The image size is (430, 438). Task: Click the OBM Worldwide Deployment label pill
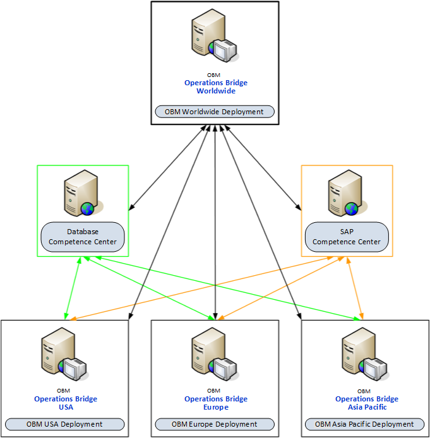pyautogui.click(x=215, y=112)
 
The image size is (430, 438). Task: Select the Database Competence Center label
pyautogui.click(x=83, y=237)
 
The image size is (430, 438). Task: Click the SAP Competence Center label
pyautogui.click(x=347, y=237)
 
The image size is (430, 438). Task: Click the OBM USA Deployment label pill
pyautogui.click(x=64, y=424)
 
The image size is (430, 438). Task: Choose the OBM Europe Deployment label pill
pyautogui.click(x=215, y=424)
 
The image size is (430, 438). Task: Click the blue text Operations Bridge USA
pyautogui.click(x=66, y=403)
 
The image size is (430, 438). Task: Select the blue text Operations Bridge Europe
pyautogui.click(x=216, y=403)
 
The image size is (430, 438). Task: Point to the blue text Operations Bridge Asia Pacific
pyautogui.click(x=367, y=403)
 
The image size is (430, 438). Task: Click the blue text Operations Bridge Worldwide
pyautogui.click(x=216, y=86)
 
